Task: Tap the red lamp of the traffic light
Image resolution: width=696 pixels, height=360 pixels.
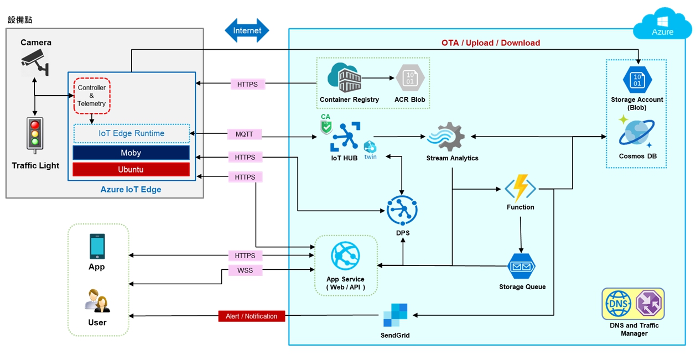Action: click(35, 125)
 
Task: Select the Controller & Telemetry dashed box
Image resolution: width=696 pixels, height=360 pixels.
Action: click(92, 96)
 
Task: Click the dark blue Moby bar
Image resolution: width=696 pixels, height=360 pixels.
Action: click(131, 153)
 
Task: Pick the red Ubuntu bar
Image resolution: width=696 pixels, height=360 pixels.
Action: click(131, 169)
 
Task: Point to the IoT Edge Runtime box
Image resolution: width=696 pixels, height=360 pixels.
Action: click(131, 133)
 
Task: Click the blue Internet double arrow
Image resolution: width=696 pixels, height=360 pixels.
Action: click(247, 30)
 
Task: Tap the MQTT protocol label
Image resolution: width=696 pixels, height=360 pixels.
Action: click(244, 134)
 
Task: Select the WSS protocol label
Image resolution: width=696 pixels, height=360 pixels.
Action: click(245, 270)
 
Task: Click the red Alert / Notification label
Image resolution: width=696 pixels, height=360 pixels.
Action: click(252, 316)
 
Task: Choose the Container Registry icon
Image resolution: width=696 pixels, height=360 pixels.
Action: click(345, 78)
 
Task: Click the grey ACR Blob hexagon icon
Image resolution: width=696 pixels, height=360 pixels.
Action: click(409, 78)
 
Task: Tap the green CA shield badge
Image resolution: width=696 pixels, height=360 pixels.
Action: click(326, 126)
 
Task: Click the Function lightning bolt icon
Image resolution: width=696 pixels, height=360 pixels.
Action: click(521, 188)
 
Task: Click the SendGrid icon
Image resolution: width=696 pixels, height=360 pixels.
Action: click(395, 315)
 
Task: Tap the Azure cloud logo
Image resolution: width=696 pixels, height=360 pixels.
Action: click(662, 25)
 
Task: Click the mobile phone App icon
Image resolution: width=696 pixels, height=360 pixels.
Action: click(97, 246)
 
